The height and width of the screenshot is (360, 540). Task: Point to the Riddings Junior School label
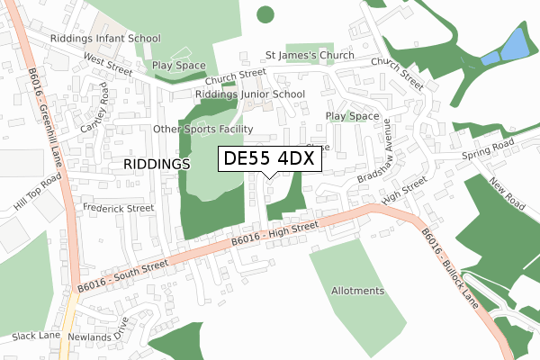tap(249, 94)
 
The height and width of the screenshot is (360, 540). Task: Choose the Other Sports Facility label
tap(200, 130)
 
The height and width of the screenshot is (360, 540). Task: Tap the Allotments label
tap(357, 291)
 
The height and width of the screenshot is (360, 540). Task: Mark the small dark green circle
tap(265, 13)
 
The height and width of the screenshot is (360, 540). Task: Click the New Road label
tap(507, 195)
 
